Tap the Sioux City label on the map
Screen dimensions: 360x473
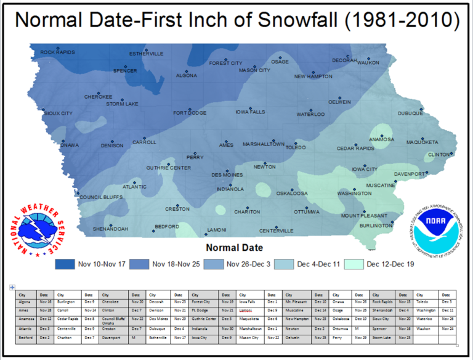coord(58,113)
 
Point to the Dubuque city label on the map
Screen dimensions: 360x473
coord(410,113)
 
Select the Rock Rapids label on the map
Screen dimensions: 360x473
coord(57,52)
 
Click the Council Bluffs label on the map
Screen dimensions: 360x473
coord(99,197)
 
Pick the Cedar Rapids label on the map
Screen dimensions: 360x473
coord(355,149)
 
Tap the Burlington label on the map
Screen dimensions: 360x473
coord(376,226)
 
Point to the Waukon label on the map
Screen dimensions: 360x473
coord(368,62)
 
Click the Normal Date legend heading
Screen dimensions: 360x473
coord(234,248)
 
